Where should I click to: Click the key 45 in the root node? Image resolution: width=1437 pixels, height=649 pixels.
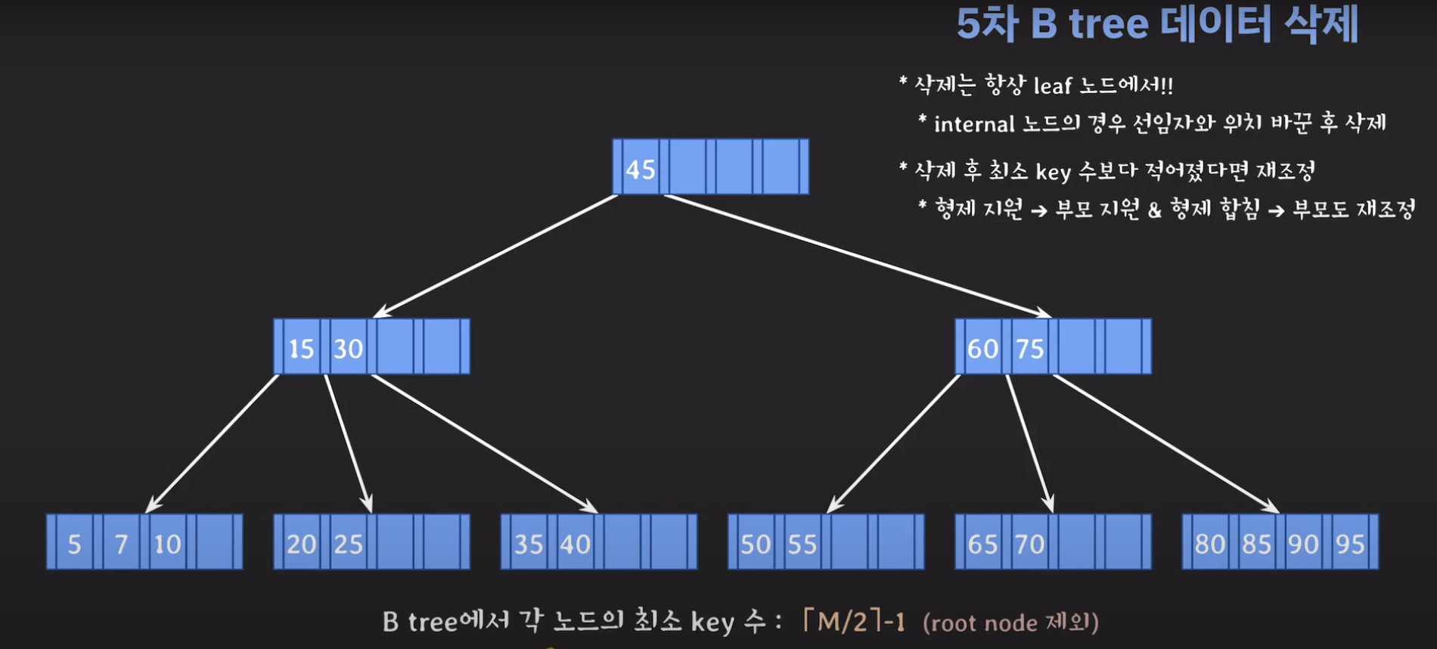coord(640,169)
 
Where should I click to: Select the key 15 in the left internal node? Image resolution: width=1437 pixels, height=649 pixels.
coord(301,348)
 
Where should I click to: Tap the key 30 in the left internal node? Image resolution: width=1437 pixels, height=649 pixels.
coord(348,348)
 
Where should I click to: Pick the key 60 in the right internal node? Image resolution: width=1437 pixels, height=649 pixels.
coord(982,348)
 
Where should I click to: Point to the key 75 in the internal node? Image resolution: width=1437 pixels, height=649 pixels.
coord(1029,348)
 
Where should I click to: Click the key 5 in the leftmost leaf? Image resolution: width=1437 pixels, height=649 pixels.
coord(74,544)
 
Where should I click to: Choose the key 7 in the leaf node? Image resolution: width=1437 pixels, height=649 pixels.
coord(121,544)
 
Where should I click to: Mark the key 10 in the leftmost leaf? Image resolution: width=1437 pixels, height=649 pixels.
coord(167,544)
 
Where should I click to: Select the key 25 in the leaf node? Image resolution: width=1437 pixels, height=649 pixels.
coord(348,544)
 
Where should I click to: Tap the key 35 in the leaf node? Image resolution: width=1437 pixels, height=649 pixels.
coord(529,544)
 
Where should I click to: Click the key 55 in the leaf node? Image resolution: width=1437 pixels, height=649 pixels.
coord(802,544)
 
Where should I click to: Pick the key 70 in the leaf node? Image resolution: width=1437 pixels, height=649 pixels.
coord(1029,544)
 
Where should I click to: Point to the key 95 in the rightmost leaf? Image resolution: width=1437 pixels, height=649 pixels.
coord(1350,544)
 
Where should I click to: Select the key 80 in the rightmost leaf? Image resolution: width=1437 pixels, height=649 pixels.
coord(1209,544)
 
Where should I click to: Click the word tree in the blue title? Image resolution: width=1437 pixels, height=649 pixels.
coord(1108,24)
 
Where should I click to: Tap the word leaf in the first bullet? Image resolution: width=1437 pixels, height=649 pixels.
coord(1052,86)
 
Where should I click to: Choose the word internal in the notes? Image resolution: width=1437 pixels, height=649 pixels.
coord(973,124)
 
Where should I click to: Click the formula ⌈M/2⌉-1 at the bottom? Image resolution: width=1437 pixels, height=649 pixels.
coord(852,622)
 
